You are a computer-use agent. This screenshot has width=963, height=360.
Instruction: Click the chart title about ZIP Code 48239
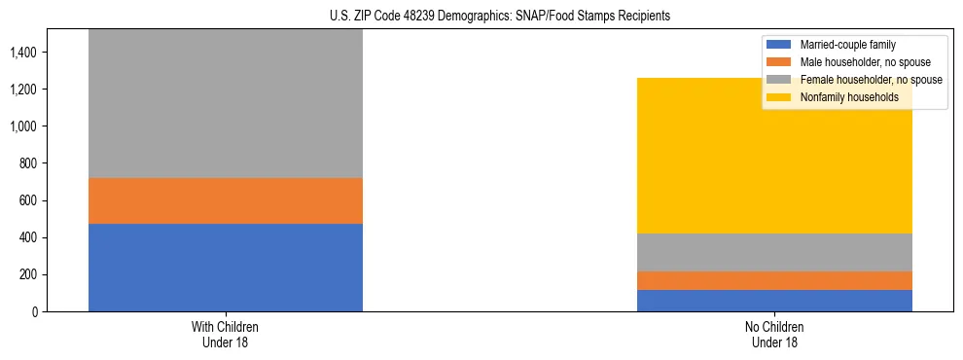(x=481, y=16)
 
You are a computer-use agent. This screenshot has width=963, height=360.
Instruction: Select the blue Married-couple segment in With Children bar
(x=226, y=268)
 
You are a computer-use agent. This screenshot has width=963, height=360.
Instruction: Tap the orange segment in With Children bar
(x=226, y=200)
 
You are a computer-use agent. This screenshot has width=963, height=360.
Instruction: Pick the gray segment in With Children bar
(x=226, y=103)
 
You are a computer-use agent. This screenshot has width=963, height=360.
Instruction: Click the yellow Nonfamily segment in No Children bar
(x=774, y=156)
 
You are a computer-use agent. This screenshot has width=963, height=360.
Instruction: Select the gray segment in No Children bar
(x=774, y=252)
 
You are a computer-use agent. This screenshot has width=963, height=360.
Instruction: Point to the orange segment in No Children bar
(x=774, y=280)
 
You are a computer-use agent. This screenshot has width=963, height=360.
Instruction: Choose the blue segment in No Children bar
(x=774, y=301)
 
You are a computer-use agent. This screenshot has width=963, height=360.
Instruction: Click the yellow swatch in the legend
(x=779, y=97)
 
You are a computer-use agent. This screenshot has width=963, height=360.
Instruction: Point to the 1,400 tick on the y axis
(x=23, y=53)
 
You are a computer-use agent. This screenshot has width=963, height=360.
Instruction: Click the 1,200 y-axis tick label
(x=23, y=90)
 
